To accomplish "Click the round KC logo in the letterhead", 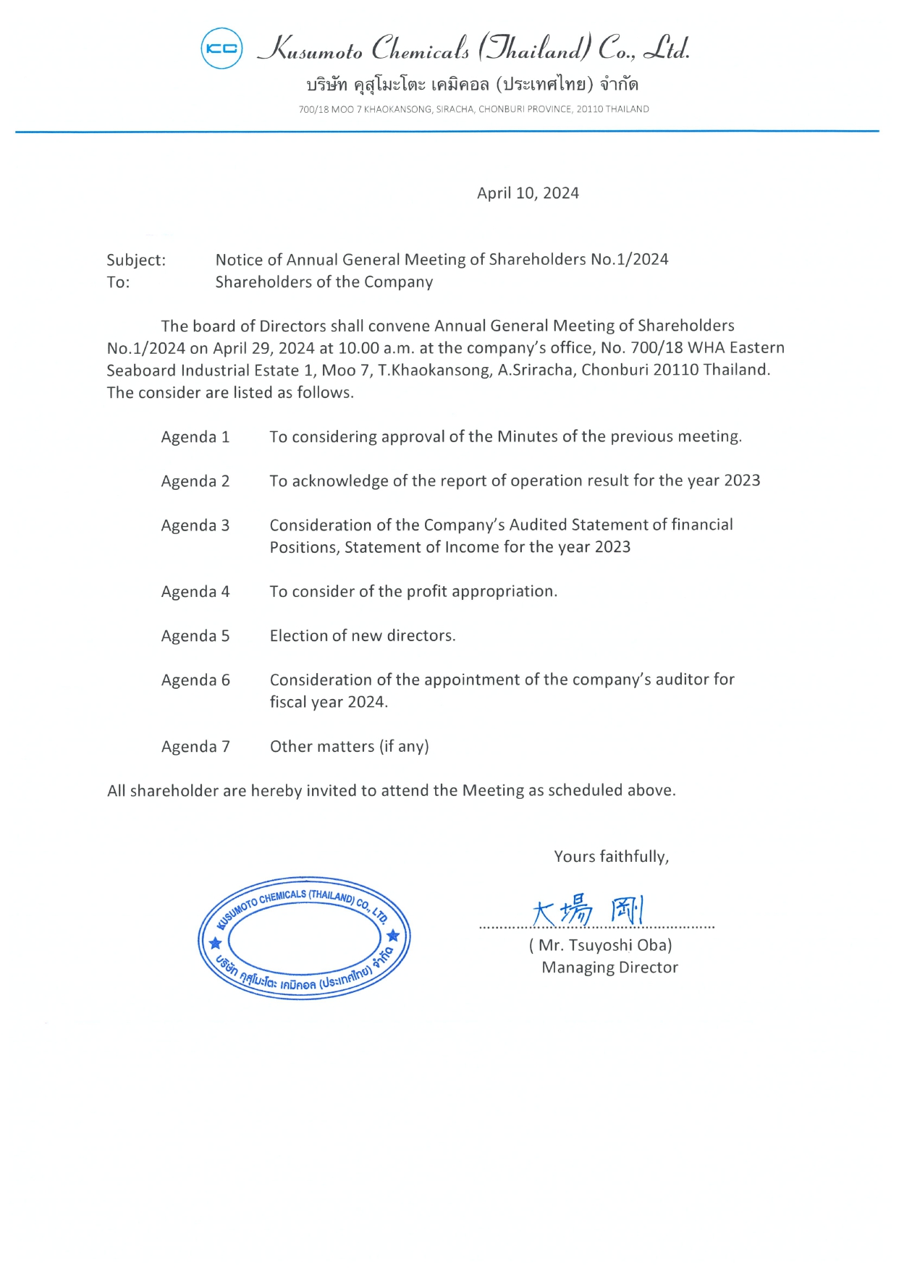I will click(221, 48).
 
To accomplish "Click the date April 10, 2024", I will click(528, 193).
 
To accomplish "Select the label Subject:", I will click(136, 261).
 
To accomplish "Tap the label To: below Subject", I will click(118, 283).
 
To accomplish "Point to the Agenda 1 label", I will click(195, 437).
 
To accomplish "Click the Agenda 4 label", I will click(195, 592).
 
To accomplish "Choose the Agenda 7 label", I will click(195, 747).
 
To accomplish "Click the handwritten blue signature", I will click(586, 910).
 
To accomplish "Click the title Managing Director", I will click(609, 968).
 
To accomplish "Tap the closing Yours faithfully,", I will click(611, 857).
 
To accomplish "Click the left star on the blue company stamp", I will click(215, 944).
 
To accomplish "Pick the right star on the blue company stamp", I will click(393, 936).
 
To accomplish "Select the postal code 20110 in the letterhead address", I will click(589, 109).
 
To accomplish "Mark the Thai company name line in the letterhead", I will click(472, 85).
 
